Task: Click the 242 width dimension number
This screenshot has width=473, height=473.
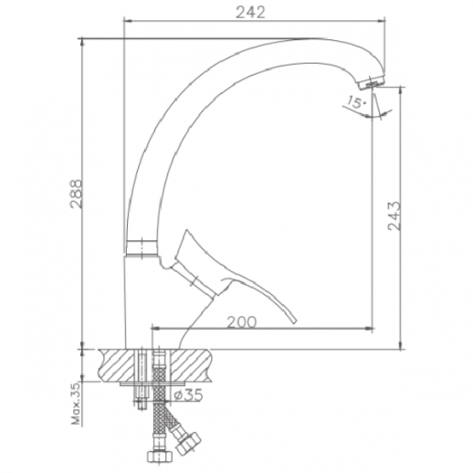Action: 250,13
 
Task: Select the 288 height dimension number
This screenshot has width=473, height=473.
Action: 77,194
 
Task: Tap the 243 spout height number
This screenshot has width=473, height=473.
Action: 394,215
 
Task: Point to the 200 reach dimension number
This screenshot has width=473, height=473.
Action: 242,322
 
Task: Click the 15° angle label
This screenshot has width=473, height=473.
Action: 356,102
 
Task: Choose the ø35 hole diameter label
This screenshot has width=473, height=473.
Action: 189,395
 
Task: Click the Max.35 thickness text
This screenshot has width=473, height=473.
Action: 76,404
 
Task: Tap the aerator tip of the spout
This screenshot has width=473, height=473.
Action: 371,83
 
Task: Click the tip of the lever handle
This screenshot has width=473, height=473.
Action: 293,321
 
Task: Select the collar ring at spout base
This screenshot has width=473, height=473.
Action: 142,248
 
